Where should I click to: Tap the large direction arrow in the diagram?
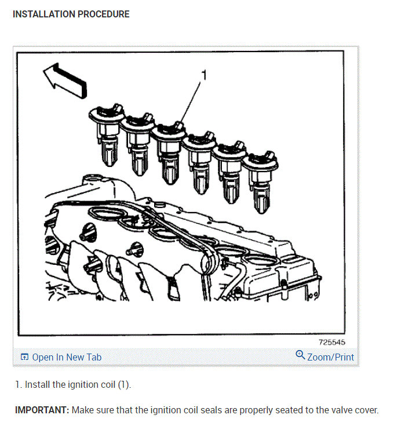(65, 80)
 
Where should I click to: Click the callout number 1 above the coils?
(204, 75)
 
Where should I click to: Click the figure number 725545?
(332, 342)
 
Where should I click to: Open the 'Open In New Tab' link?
(67, 357)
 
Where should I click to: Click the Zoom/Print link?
(330, 357)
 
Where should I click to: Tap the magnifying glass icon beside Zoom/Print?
(300, 355)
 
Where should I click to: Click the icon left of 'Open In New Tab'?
(24, 357)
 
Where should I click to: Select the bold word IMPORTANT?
(42, 410)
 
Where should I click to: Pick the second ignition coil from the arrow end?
(137, 144)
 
